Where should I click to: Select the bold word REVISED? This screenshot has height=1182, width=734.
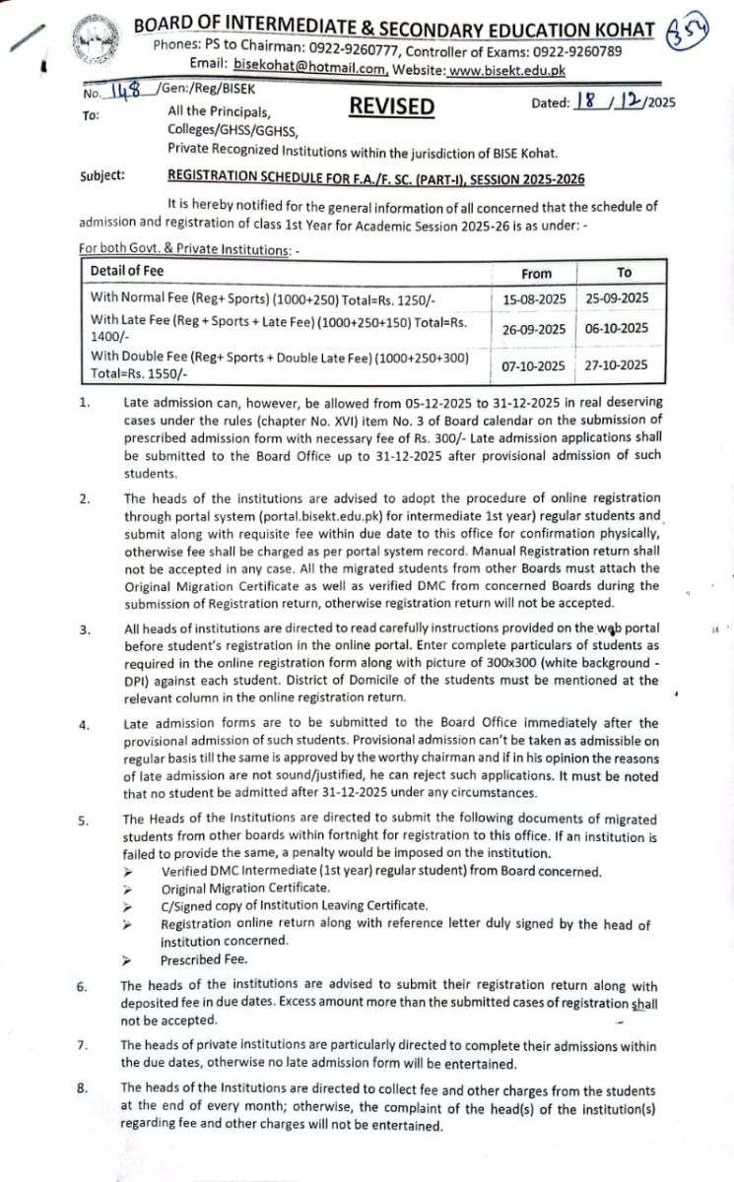click(x=391, y=106)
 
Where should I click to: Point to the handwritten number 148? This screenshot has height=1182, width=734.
click(x=124, y=93)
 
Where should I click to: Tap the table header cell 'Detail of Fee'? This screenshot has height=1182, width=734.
click(x=127, y=271)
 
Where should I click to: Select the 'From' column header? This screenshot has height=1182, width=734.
click(x=537, y=273)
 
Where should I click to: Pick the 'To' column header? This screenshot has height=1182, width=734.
click(x=625, y=273)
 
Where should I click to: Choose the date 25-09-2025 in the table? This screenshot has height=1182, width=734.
click(x=618, y=297)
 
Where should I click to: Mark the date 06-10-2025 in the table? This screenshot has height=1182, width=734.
click(x=618, y=329)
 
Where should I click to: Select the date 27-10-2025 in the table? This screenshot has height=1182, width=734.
click(x=618, y=365)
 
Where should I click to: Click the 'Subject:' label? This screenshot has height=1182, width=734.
click(x=102, y=176)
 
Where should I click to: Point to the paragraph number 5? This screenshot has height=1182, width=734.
click(x=84, y=820)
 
